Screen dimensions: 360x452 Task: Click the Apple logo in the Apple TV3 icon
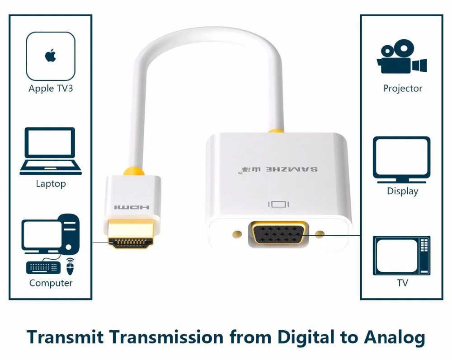[50, 56]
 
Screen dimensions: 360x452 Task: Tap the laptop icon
[51, 151]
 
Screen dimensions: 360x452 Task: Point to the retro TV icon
[401, 255]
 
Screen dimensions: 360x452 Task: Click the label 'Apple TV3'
[51, 88]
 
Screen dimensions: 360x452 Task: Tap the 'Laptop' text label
[51, 184]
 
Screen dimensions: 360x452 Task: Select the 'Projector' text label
[403, 89]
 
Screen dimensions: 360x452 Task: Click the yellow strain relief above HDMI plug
[133, 172]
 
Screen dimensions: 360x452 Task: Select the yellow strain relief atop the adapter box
[276, 131]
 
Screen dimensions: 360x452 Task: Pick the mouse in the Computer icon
[70, 266]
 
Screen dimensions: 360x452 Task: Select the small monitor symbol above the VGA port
[278, 205]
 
